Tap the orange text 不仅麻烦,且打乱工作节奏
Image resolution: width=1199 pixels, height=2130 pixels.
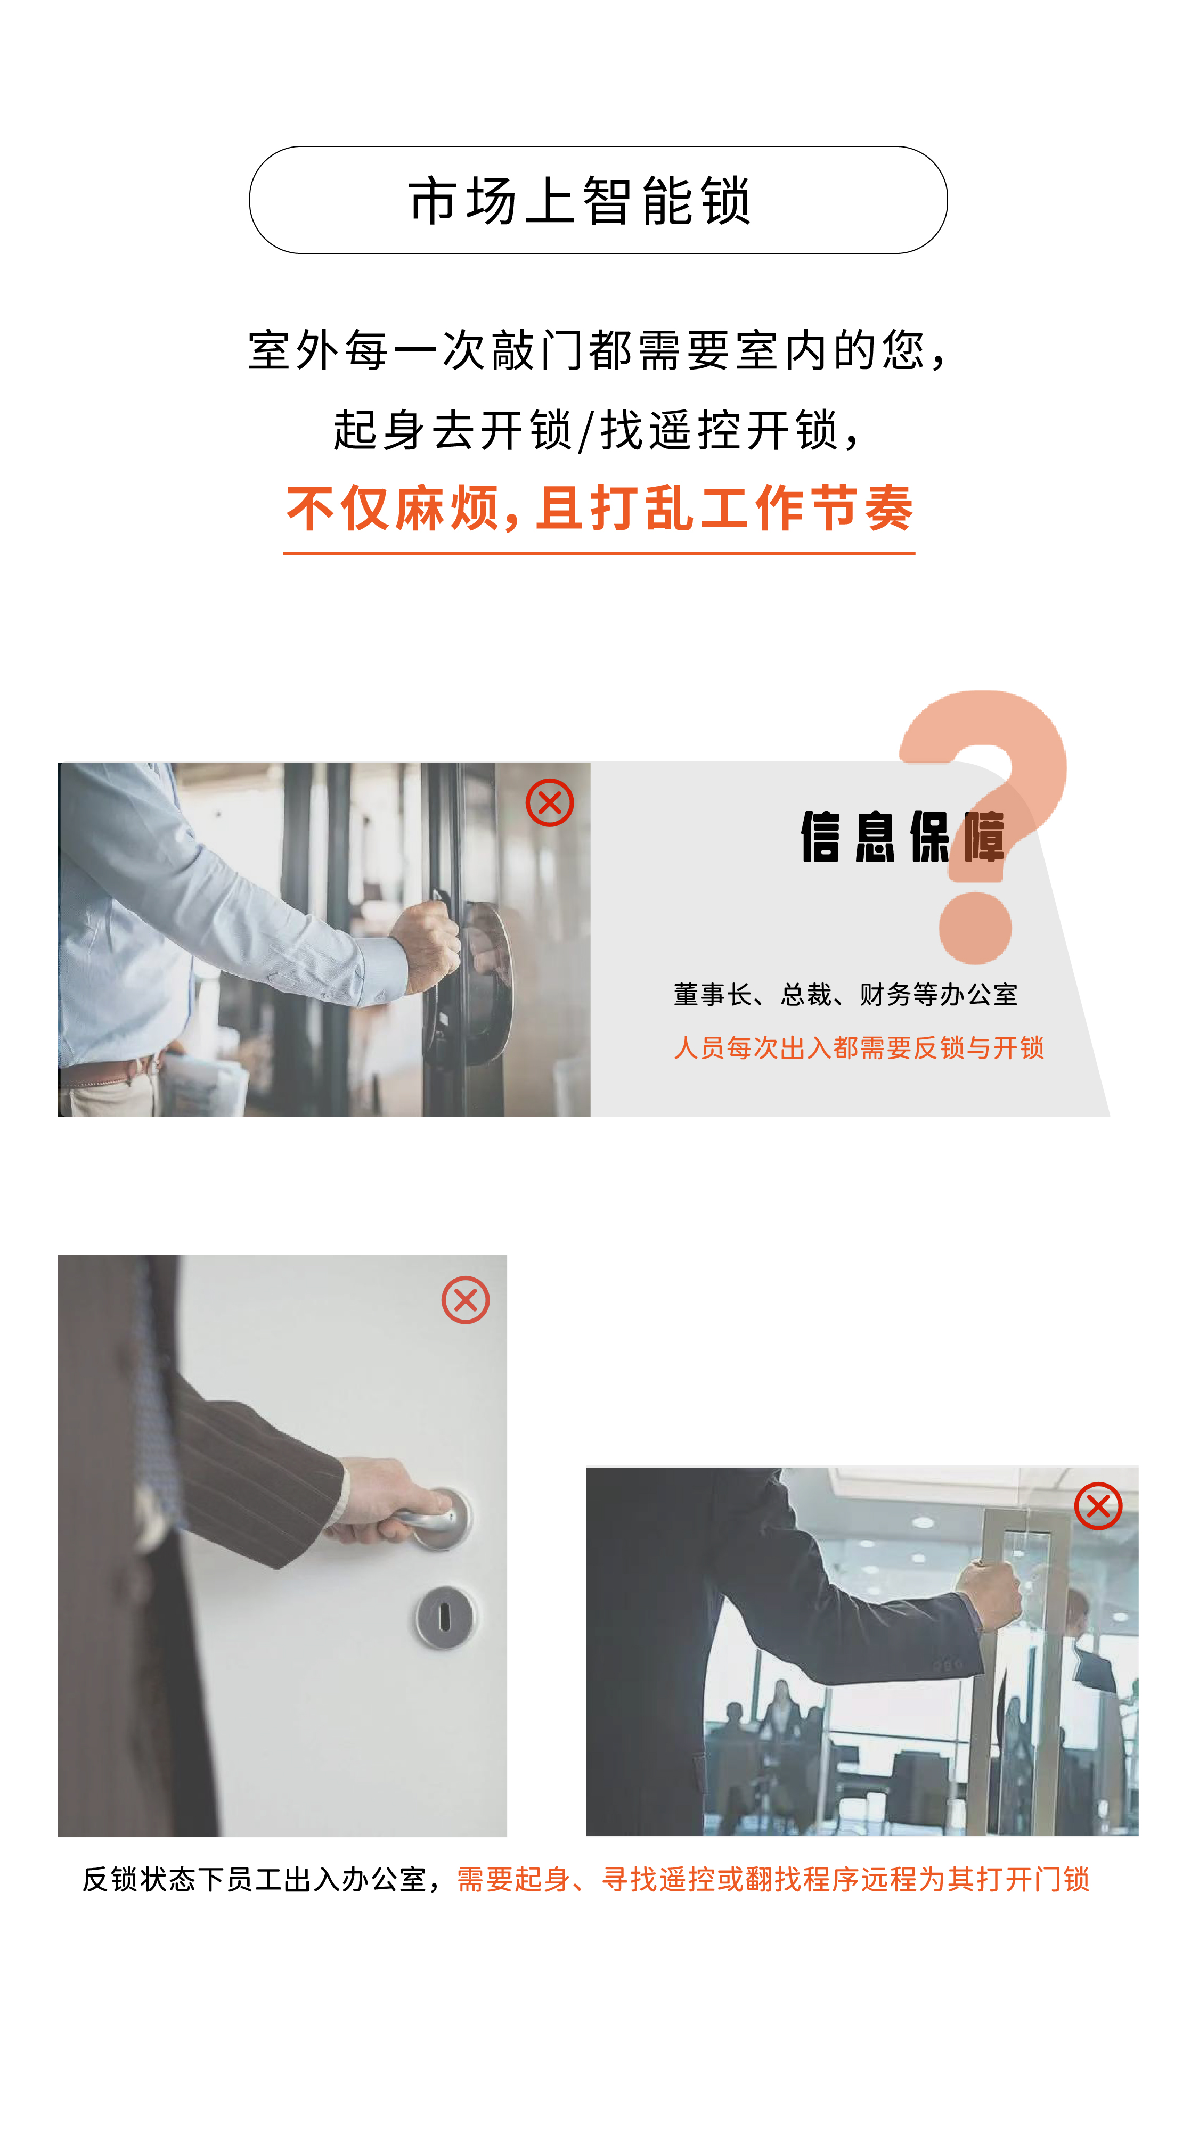pyautogui.click(x=600, y=507)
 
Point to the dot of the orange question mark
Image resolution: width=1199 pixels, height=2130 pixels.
pyautogui.click(x=975, y=928)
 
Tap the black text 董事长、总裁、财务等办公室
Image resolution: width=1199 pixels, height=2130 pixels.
pyautogui.click(x=845, y=994)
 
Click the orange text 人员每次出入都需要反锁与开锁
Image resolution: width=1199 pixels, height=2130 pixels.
pyautogui.click(x=858, y=1047)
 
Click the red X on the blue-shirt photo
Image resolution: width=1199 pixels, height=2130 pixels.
pyautogui.click(x=550, y=802)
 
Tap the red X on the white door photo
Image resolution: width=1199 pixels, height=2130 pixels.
pyautogui.click(x=466, y=1300)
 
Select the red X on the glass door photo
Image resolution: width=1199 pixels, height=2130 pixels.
pyautogui.click(x=1098, y=1506)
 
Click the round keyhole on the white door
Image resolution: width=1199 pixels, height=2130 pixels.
pyautogui.click(x=444, y=1617)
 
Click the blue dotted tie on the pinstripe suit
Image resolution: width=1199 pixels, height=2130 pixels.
pyautogui.click(x=157, y=1397)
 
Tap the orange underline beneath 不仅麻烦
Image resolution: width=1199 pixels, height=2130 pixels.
pyautogui.click(x=599, y=552)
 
